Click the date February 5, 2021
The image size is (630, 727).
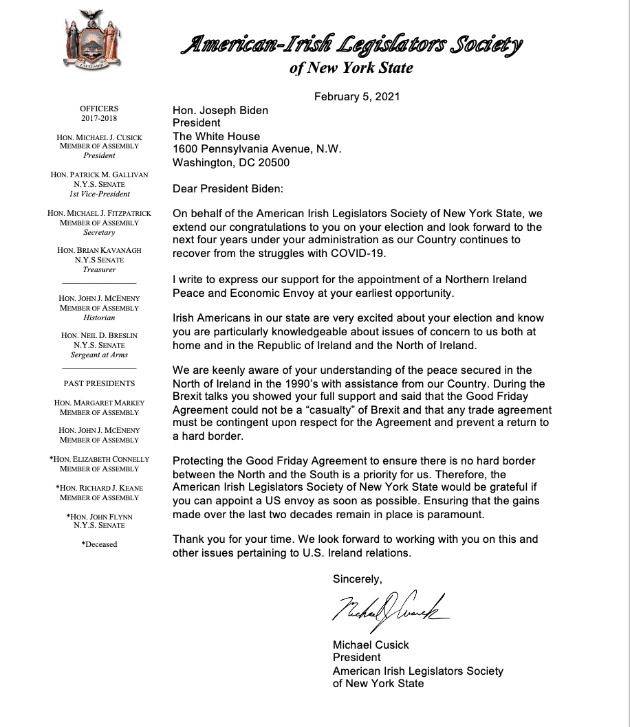point(357,96)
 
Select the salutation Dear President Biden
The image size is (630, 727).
point(228,189)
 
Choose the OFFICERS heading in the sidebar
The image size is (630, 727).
point(99,109)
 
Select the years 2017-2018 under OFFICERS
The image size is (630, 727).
point(99,118)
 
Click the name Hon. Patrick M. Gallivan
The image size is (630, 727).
point(99,175)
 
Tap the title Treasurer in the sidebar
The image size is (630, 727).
point(99,270)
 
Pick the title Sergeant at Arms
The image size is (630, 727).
point(99,355)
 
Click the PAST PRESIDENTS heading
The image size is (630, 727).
point(99,383)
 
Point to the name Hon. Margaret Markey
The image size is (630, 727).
point(99,403)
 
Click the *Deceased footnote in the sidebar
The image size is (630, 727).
point(99,544)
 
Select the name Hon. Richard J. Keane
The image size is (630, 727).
point(99,488)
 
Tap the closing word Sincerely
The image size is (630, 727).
point(357,579)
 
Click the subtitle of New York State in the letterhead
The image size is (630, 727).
point(351,68)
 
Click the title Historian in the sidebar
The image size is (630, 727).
point(99,317)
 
